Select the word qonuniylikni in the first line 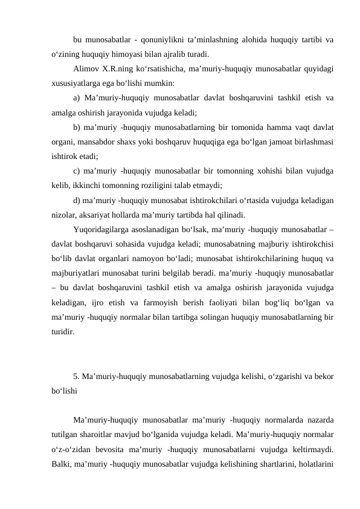tap(158, 40)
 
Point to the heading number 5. tap(75, 376)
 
